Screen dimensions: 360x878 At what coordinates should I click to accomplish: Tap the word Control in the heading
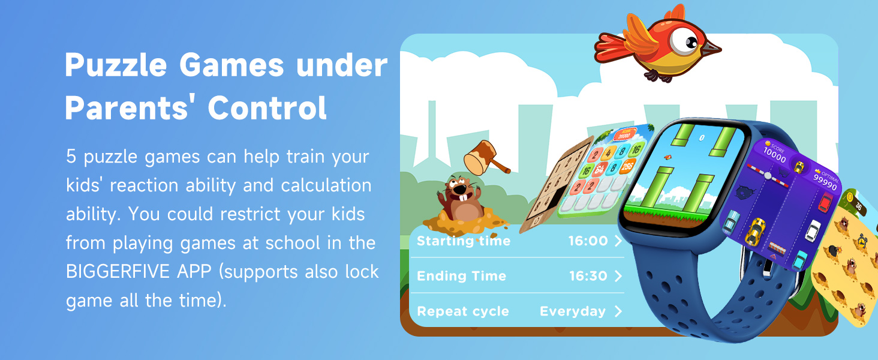click(267, 108)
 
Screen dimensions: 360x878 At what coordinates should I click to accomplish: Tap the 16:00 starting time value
click(588, 241)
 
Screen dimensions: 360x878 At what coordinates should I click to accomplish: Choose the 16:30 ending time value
click(588, 277)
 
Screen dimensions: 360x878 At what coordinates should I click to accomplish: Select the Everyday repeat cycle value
click(572, 311)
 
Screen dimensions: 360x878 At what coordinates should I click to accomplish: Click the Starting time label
click(464, 241)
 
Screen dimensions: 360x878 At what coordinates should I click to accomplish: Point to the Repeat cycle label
click(462, 311)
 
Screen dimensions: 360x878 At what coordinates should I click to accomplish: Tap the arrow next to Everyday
click(618, 311)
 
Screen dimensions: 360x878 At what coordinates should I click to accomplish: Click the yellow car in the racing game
click(756, 231)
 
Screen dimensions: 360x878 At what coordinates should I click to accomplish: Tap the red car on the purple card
click(826, 202)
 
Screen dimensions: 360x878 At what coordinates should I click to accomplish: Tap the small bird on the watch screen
click(666, 158)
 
